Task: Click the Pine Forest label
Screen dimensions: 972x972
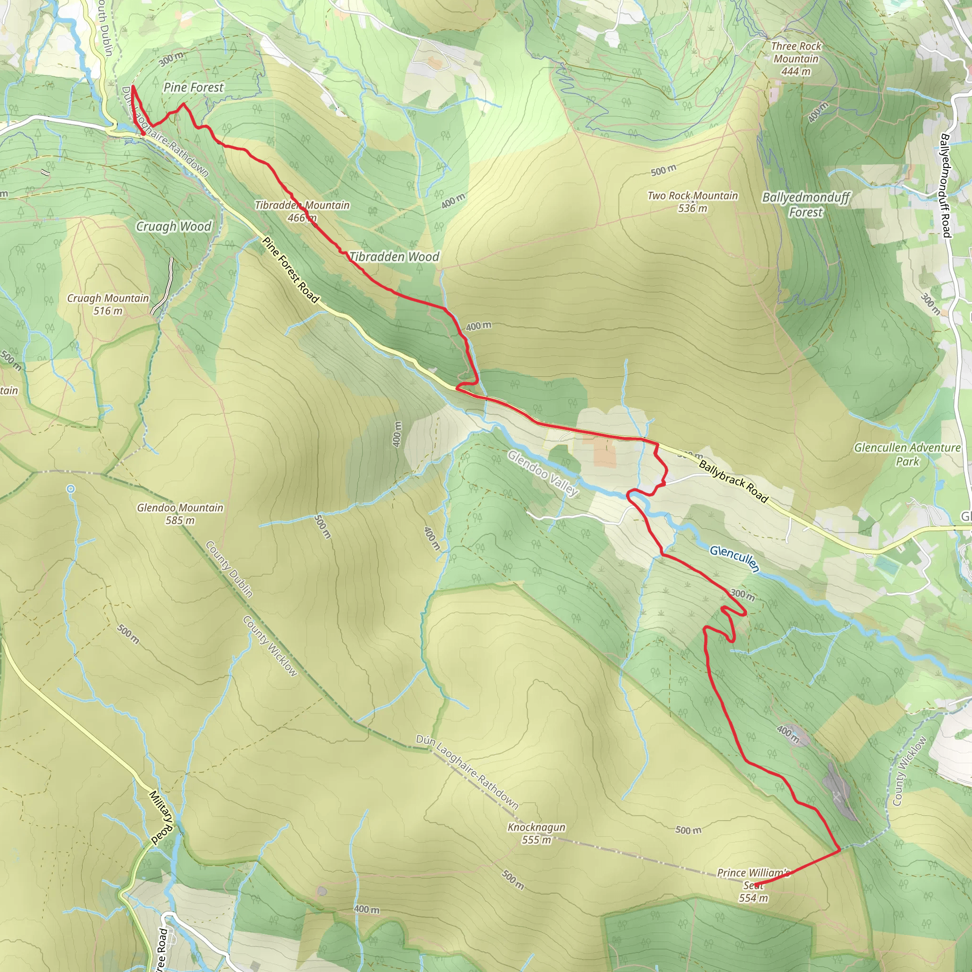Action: click(x=193, y=87)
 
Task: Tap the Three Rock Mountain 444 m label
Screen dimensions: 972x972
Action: click(x=796, y=59)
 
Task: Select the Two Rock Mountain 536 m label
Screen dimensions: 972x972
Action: click(x=693, y=202)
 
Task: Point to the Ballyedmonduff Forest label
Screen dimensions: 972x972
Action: click(x=805, y=204)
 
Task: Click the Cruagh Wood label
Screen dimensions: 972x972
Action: click(x=174, y=226)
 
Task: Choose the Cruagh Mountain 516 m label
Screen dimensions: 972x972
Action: click(x=108, y=304)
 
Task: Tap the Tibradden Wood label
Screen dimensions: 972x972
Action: click(x=394, y=257)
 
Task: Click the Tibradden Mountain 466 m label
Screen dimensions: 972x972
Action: click(x=302, y=211)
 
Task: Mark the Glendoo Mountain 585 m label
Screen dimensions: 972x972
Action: click(x=180, y=514)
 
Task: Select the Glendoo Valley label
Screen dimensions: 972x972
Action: click(x=543, y=473)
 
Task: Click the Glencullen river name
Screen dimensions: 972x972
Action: click(x=735, y=559)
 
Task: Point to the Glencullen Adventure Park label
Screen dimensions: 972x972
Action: click(x=907, y=454)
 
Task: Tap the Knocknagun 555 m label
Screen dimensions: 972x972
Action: click(x=536, y=833)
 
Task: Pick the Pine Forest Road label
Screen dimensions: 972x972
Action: click(x=291, y=270)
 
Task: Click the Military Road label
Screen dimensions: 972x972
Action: click(x=161, y=817)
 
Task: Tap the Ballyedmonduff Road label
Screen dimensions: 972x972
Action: click(x=945, y=185)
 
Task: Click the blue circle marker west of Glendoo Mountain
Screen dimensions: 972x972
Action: click(x=70, y=488)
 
